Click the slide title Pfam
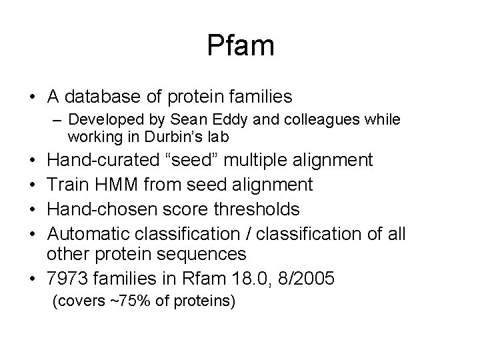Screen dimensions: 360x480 click(x=240, y=45)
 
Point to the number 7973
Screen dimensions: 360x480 click(x=69, y=279)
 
